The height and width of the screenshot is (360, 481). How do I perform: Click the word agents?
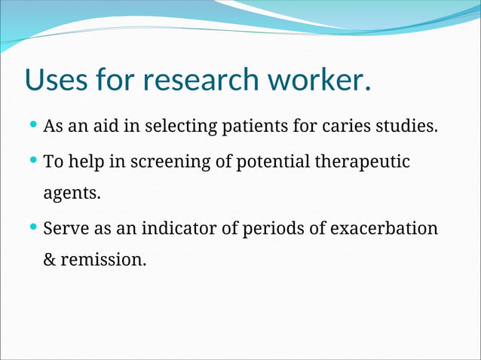(x=72, y=194)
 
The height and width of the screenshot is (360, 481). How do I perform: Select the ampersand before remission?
(x=50, y=261)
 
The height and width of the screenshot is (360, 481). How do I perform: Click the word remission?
(x=103, y=261)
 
